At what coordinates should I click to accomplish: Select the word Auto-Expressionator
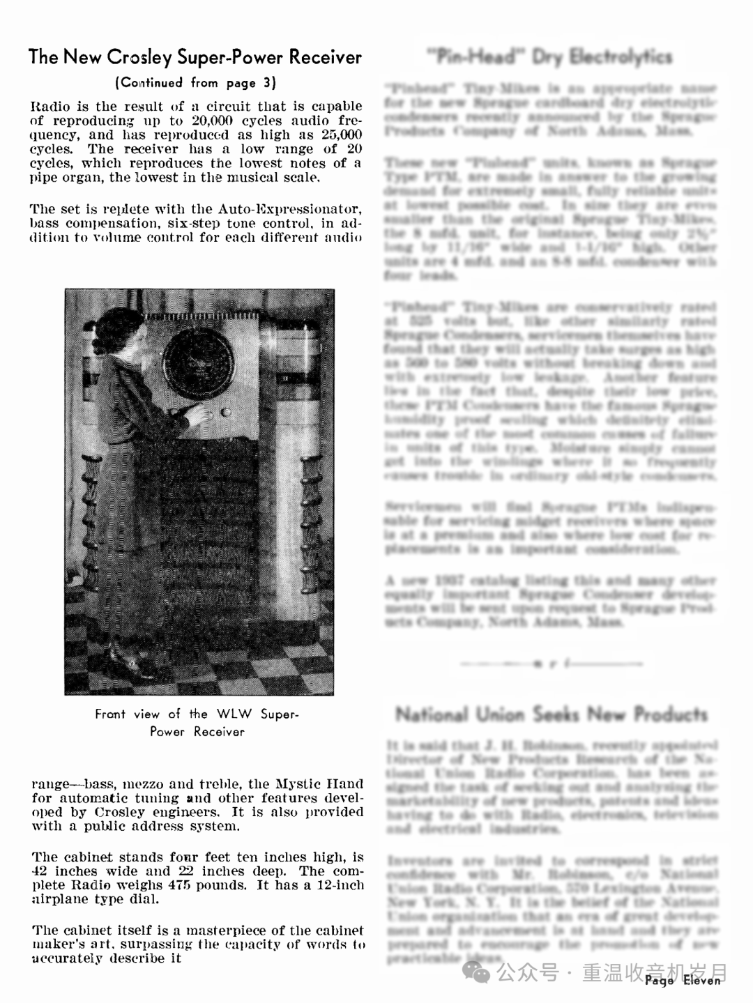point(290,209)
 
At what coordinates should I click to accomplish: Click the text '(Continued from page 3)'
point(195,83)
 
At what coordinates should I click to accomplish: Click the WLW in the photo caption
point(235,714)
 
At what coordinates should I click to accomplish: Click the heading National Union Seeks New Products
point(551,714)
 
